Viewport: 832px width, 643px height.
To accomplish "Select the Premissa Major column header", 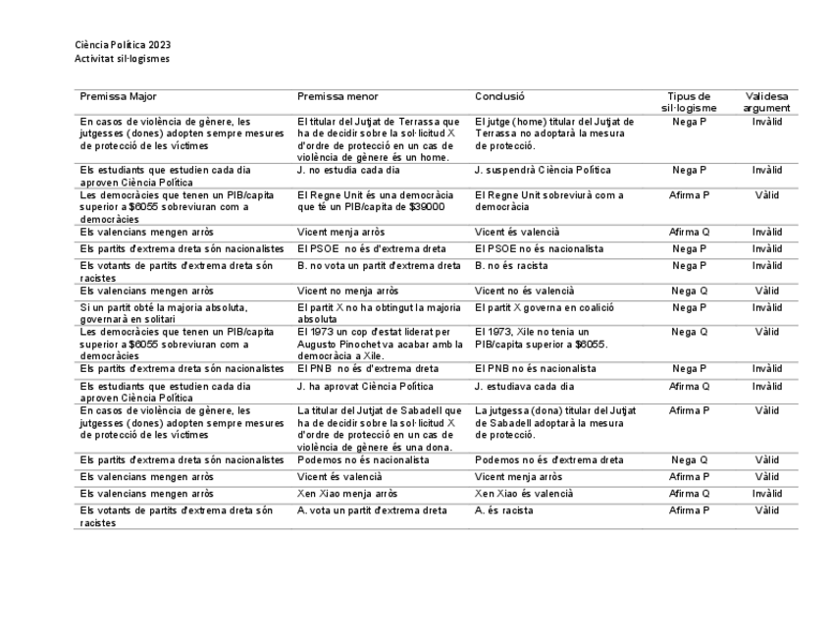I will coord(118,96).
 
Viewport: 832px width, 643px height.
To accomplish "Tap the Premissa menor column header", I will coord(338,96).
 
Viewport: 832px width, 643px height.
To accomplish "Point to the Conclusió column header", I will coord(499,96).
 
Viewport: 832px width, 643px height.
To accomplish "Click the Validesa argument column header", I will coord(766,102).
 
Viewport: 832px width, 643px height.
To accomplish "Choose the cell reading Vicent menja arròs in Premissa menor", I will coord(341,232).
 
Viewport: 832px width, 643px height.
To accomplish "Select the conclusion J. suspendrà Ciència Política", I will coord(542,170).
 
